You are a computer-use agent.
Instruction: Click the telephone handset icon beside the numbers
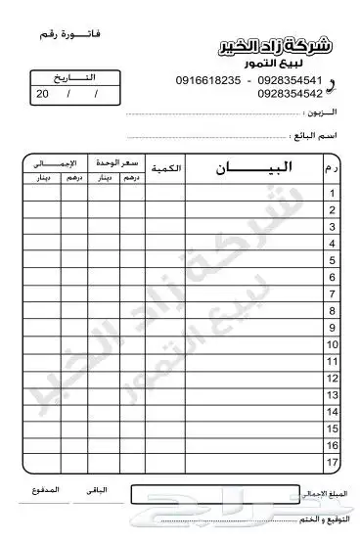tap(340, 85)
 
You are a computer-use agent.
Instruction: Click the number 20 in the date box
tap(42, 94)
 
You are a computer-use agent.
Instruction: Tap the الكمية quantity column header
tap(166, 169)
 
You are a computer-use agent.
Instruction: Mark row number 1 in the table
tap(334, 194)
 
